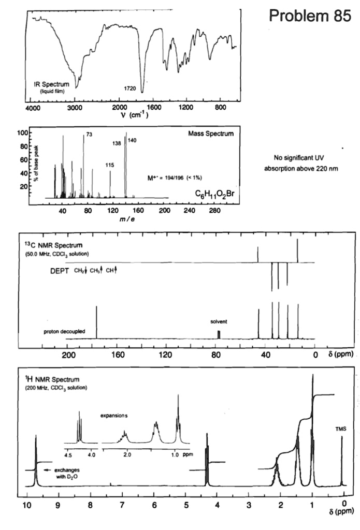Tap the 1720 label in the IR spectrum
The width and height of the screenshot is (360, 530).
(129, 89)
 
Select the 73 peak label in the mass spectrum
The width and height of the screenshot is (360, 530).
(89, 135)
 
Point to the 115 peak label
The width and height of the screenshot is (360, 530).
(109, 165)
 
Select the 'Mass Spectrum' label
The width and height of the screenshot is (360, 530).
(212, 134)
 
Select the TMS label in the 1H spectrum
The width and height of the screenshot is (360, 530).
(341, 429)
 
